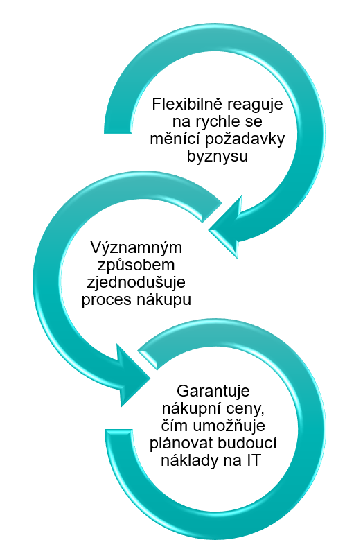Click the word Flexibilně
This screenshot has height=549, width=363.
(x=184, y=104)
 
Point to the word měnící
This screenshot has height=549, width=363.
(x=175, y=139)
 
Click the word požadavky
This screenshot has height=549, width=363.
(x=245, y=140)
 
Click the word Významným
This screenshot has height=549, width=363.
(x=136, y=248)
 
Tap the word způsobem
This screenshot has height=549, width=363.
(x=136, y=265)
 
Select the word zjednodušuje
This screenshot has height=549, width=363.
(x=136, y=283)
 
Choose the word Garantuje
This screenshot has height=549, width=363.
(x=213, y=391)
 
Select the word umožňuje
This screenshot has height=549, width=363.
(x=229, y=426)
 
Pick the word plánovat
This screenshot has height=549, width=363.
(x=181, y=443)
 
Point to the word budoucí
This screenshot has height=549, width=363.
(x=247, y=443)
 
